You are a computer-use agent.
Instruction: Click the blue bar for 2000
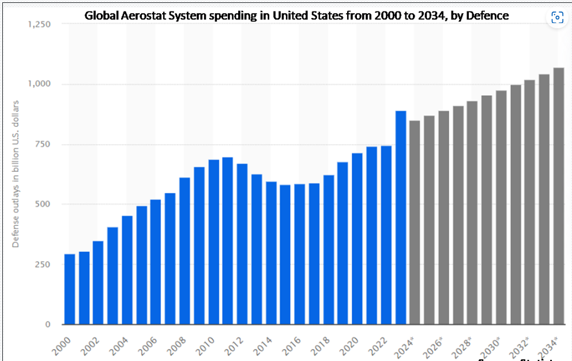[69, 289]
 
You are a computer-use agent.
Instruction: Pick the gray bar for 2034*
[559, 196]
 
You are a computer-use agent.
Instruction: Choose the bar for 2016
[300, 254]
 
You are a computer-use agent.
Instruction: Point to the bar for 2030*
[501, 208]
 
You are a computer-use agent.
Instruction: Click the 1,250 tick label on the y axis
[39, 24]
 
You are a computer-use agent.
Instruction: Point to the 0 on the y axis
[48, 324]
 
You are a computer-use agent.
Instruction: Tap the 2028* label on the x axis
[465, 345]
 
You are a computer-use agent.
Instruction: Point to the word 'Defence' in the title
[488, 16]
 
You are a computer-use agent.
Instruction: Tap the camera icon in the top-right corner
[556, 17]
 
